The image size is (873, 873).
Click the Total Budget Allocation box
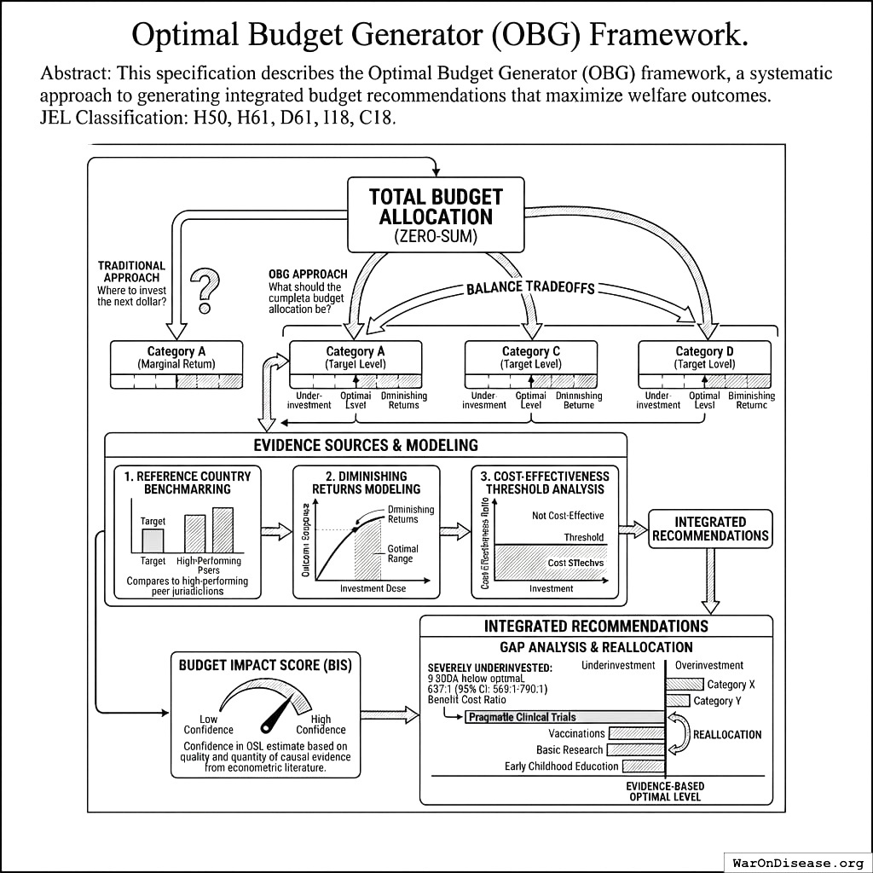tap(436, 214)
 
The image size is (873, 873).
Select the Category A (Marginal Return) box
tap(176, 364)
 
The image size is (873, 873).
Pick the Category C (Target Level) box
tap(530, 364)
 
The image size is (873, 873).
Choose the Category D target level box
tap(704, 364)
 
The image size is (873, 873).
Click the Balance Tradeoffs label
tap(529, 286)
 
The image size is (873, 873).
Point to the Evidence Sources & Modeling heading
tap(366, 445)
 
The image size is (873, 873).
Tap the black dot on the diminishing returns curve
tap(356, 530)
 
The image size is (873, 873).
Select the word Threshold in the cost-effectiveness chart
tap(583, 537)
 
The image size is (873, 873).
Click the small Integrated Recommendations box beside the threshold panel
tap(710, 529)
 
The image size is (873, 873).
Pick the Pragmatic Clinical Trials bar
tap(564, 717)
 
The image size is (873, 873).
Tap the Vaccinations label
tap(576, 733)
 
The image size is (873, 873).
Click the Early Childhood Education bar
tap(644, 766)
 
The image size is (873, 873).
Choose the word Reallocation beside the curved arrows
tap(727, 734)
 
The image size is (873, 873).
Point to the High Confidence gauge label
tap(321, 724)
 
